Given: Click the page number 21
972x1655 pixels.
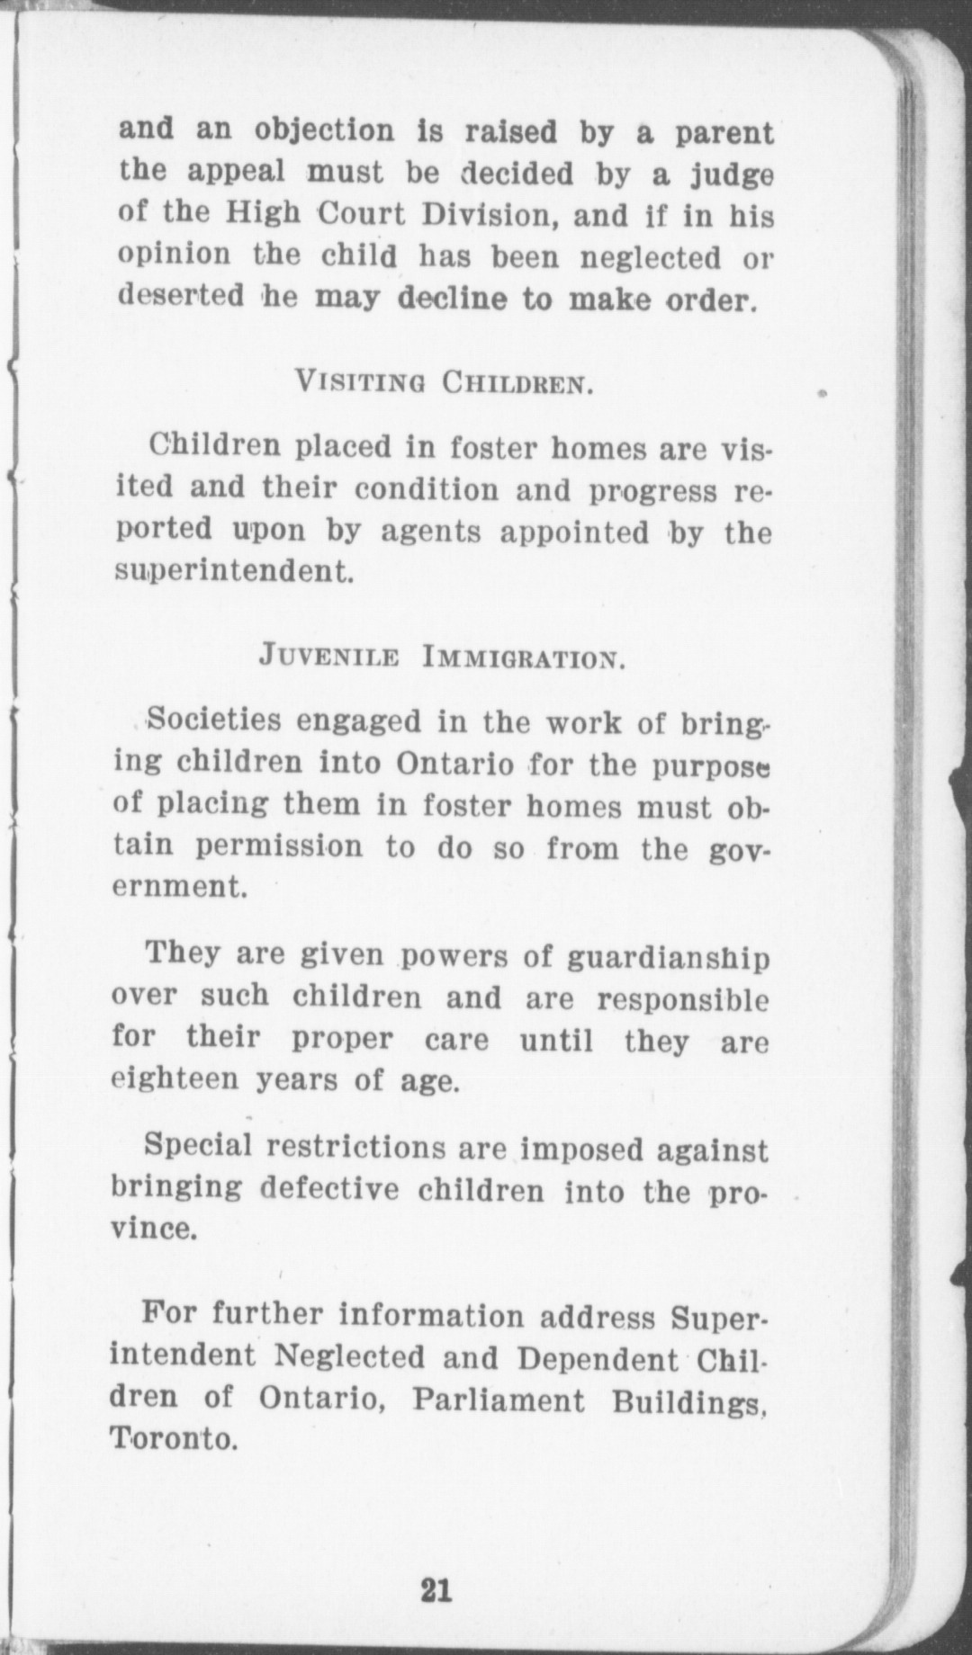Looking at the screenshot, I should click(436, 1590).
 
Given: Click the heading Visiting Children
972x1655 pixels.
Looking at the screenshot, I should click(444, 383).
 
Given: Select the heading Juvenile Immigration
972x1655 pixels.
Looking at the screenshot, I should click(441, 656).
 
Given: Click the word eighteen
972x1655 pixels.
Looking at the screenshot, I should click(175, 1079).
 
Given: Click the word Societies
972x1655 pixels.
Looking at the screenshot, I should click(213, 720).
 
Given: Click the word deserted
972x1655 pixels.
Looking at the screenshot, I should click(181, 296).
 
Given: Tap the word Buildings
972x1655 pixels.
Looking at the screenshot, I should click(688, 1401).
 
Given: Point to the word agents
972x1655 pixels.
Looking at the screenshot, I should click(431, 532).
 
